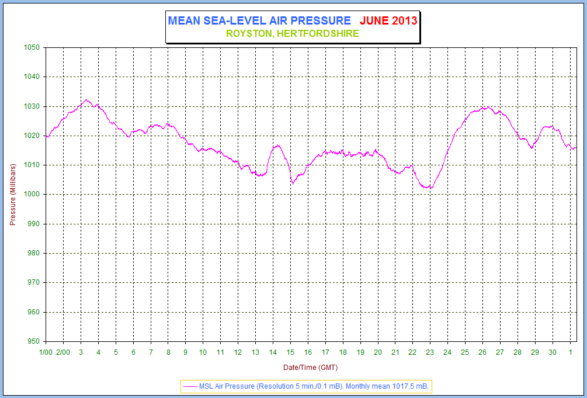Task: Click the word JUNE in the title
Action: click(374, 20)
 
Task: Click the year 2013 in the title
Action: click(404, 20)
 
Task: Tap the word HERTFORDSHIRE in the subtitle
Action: click(318, 34)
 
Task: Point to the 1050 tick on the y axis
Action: click(32, 47)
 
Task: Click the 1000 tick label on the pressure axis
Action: click(32, 195)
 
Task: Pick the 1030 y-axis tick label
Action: click(32, 106)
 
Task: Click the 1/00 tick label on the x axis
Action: click(46, 352)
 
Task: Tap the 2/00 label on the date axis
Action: click(63, 352)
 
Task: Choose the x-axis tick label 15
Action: click(290, 352)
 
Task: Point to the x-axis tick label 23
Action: click(430, 352)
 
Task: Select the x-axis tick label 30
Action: click(553, 352)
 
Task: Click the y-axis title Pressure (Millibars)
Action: click(13, 194)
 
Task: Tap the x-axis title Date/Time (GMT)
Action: click(310, 368)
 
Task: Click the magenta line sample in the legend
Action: click(190, 386)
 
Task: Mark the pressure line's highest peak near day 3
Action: click(86, 100)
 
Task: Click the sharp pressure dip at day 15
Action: click(293, 183)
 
